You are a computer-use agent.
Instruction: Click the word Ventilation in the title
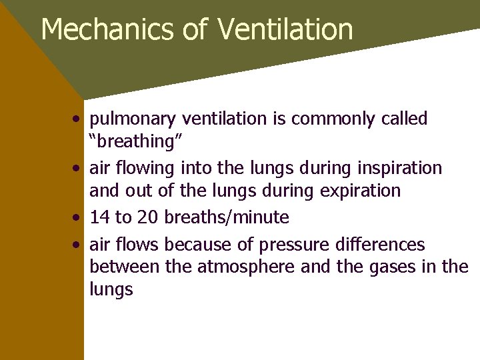285,29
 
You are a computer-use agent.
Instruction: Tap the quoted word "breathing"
131,141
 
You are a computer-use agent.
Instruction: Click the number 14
100,217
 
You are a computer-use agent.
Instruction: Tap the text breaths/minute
227,217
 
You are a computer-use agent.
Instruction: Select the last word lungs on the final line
111,290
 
